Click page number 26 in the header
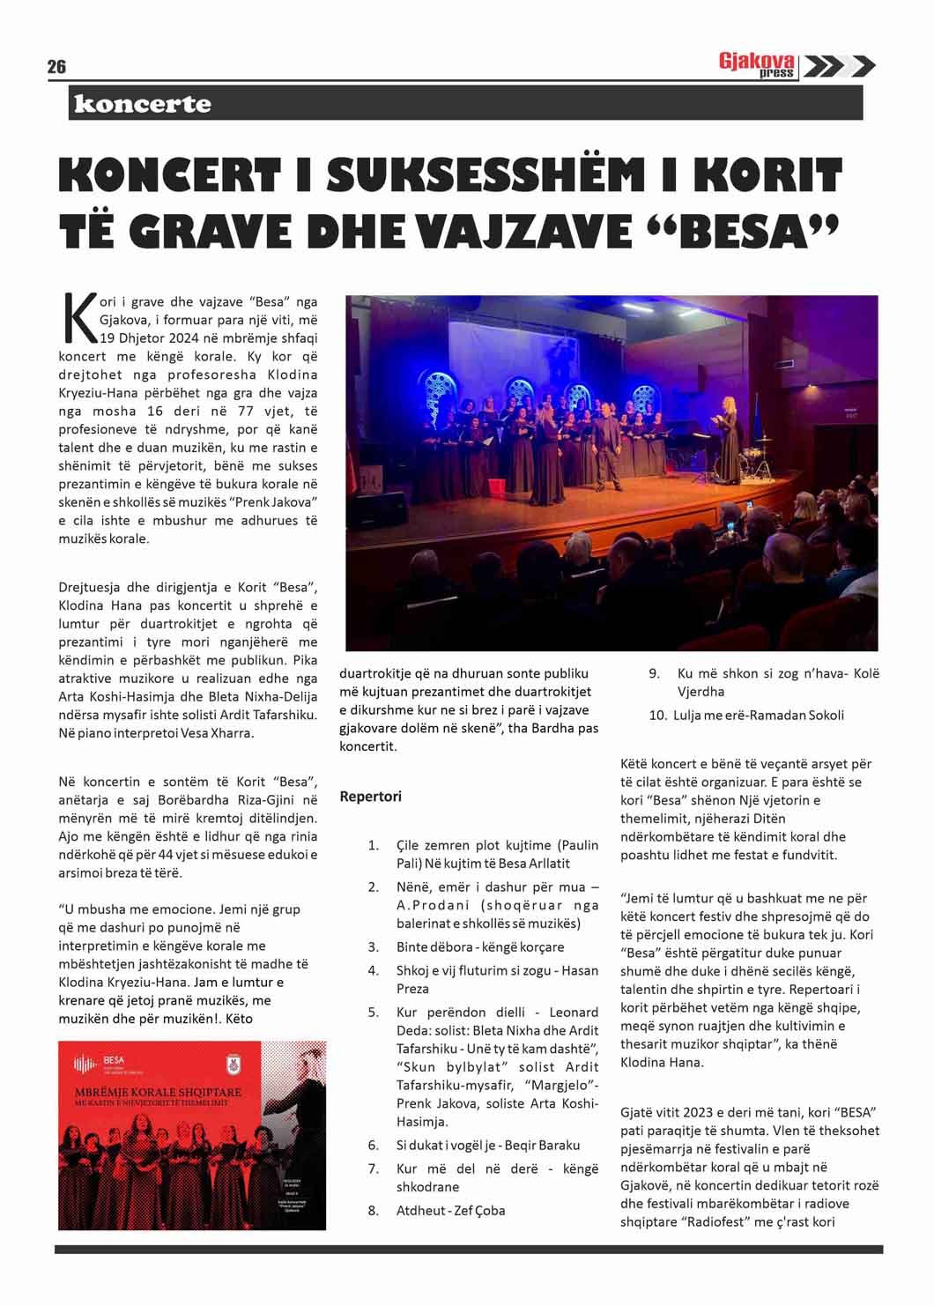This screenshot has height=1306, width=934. coord(56,68)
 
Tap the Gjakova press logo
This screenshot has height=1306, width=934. coord(757,66)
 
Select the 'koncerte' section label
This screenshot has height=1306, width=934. coord(143,104)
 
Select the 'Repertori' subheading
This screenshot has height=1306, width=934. coord(370,797)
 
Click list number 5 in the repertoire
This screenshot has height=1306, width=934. coord(374,1012)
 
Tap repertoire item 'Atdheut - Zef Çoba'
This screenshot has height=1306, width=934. coord(450,1210)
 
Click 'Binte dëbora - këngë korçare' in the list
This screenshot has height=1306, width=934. coord(479,946)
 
